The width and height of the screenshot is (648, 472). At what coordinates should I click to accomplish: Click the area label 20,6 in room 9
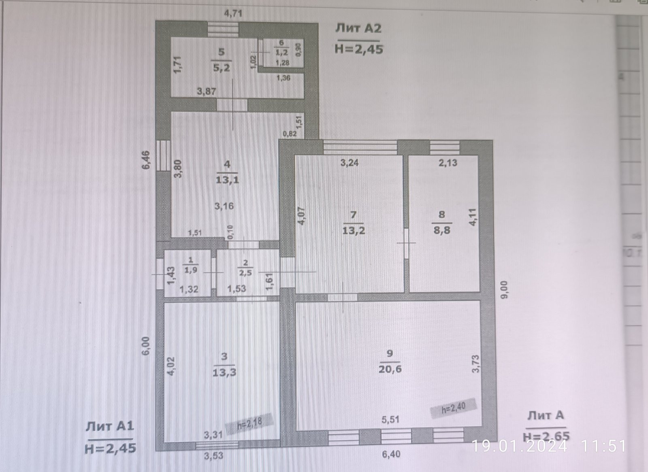point(390,369)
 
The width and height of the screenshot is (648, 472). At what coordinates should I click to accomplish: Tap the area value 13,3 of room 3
point(224,372)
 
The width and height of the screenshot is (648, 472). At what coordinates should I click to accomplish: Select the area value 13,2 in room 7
point(354,230)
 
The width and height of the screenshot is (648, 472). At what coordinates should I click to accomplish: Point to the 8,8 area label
point(442,230)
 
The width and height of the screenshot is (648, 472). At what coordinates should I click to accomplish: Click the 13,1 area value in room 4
point(227,179)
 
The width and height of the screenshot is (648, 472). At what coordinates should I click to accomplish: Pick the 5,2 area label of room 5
point(221,67)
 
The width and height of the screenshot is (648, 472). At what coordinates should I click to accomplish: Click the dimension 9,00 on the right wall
point(504,290)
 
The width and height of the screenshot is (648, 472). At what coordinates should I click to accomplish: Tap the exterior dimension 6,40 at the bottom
point(391,454)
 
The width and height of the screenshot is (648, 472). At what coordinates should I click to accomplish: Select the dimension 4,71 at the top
point(233,13)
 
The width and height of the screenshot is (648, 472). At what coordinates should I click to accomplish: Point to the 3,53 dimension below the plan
point(213,456)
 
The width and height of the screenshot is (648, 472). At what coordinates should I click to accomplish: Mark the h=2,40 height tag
point(453,408)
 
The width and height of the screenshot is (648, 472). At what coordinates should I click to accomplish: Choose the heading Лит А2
point(358,28)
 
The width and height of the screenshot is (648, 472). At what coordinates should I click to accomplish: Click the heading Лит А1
point(109,426)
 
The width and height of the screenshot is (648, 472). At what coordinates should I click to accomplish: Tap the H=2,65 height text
point(546,436)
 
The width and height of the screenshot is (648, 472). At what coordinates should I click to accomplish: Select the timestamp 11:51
point(603,446)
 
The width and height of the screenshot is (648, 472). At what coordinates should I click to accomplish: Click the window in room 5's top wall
point(223,30)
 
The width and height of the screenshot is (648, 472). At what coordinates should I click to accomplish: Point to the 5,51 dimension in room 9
point(390,419)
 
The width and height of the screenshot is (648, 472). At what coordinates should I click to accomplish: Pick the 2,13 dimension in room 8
point(448,163)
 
